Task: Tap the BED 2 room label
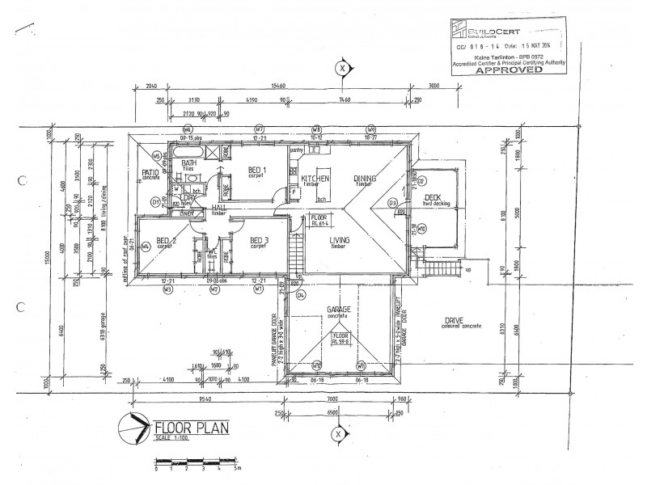[x=167, y=241]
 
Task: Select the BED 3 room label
[x=259, y=241]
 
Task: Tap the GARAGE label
[x=336, y=310]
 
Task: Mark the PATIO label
[x=150, y=172]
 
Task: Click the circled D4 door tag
[x=300, y=296]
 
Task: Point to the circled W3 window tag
[x=167, y=289]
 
